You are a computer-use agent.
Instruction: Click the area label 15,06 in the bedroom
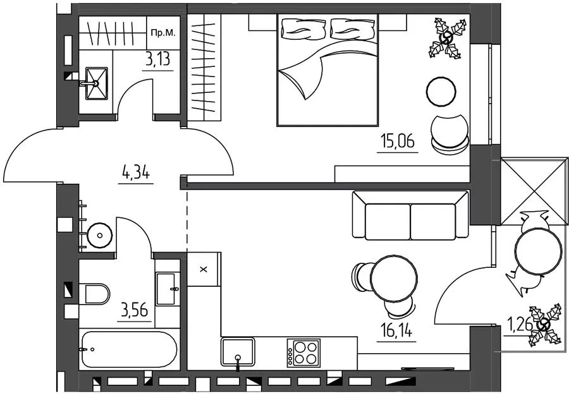click(x=398, y=141)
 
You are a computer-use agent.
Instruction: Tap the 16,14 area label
click(x=396, y=330)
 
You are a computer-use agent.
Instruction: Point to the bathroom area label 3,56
click(x=134, y=311)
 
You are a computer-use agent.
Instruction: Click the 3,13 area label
click(x=157, y=59)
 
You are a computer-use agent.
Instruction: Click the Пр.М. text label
click(x=163, y=33)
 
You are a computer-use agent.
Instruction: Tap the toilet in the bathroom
click(x=97, y=294)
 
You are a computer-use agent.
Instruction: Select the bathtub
click(x=130, y=349)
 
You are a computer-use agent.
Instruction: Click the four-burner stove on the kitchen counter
click(x=303, y=353)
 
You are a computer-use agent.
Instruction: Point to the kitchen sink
click(x=238, y=352)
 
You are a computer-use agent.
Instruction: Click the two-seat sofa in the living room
click(x=410, y=215)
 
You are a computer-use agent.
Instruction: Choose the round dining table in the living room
click(x=394, y=278)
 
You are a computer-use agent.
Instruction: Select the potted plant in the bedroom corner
click(x=447, y=38)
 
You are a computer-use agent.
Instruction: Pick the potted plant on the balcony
click(x=544, y=325)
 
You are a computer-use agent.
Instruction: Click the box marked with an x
click(x=204, y=269)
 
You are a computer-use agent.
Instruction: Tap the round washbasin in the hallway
click(x=100, y=235)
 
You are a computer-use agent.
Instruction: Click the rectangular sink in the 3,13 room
click(x=96, y=83)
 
